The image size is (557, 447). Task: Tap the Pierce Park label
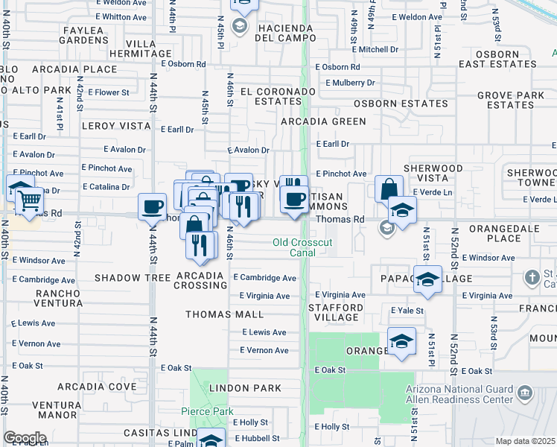click(207, 411)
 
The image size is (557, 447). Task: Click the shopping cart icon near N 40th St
click(29, 199)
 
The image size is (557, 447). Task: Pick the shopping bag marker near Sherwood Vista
click(389, 188)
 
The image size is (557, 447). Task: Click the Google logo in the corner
click(25, 438)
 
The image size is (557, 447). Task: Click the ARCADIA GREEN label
click(323, 121)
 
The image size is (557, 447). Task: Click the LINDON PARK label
click(245, 388)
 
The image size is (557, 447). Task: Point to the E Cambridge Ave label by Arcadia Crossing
click(264, 278)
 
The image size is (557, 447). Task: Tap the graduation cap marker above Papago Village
click(428, 278)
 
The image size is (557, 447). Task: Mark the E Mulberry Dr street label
click(345, 83)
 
